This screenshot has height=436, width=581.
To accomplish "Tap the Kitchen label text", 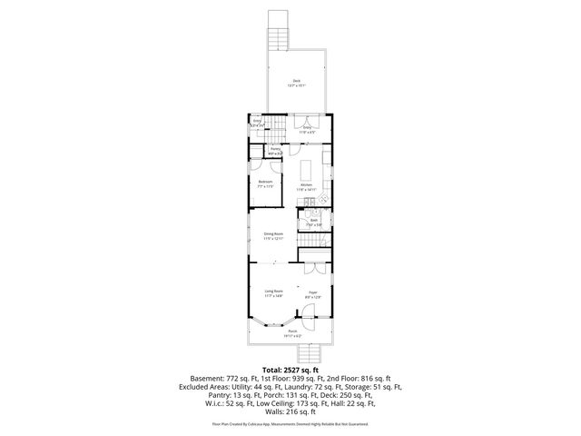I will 307,186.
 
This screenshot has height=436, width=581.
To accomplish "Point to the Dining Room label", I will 274,236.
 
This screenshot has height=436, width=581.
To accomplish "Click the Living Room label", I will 274,292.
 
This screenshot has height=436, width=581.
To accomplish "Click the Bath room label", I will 312,222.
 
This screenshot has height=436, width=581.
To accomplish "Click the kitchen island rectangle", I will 306,169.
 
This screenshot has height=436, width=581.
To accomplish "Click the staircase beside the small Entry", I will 273,129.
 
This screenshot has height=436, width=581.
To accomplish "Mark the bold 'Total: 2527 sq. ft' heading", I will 290,370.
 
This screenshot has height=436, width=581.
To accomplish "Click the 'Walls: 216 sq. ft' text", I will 290,411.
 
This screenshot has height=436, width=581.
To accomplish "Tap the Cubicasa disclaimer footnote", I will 290,424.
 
